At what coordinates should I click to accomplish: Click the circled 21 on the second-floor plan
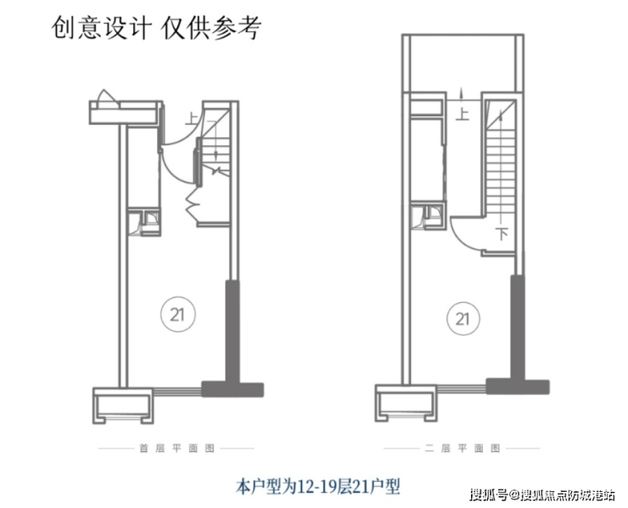coord(462,319)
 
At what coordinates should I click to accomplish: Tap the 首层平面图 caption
coord(177,446)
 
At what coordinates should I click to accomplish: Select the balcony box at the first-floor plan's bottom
coord(124,407)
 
